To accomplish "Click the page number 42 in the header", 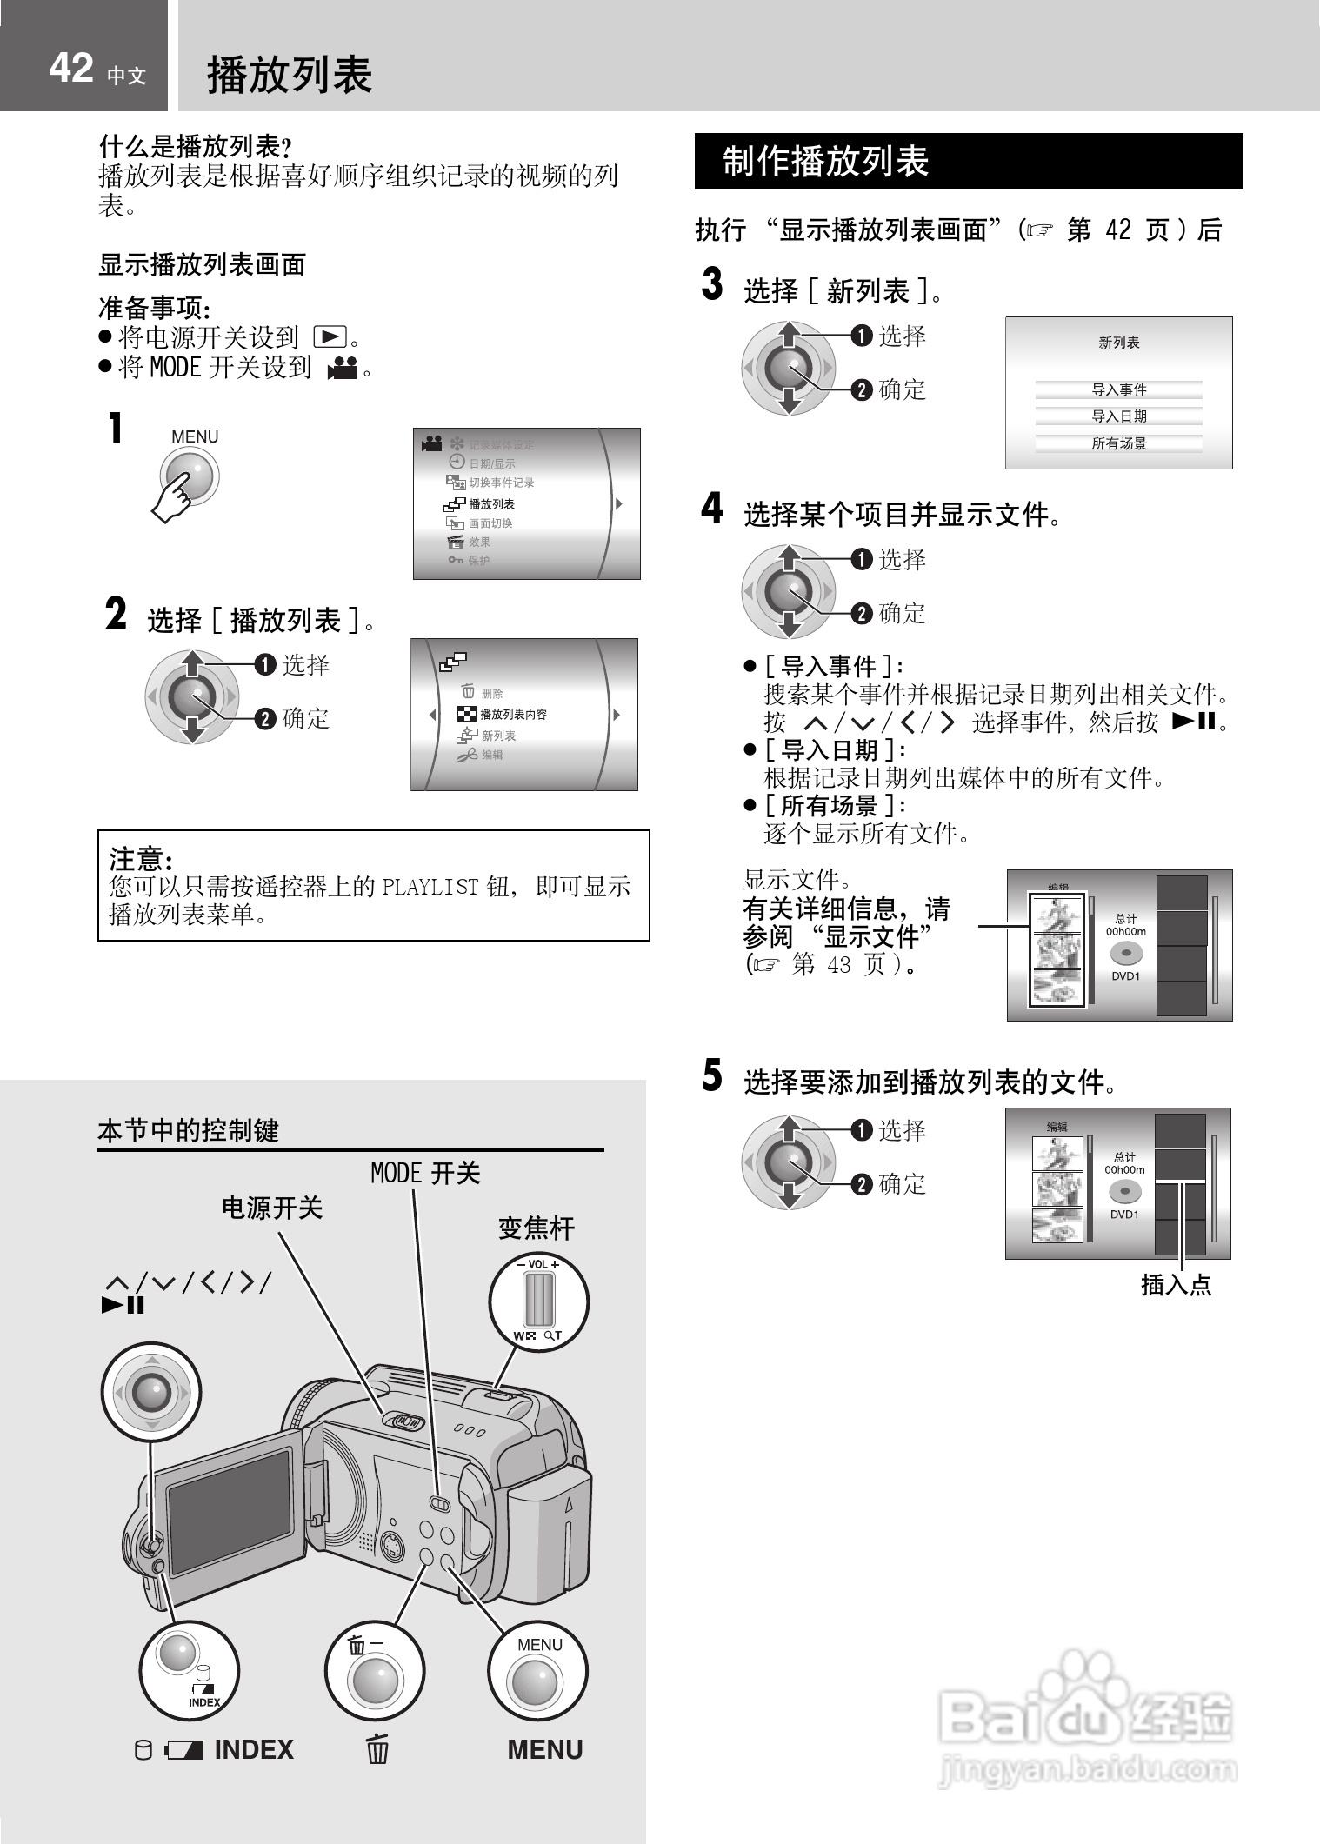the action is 70,68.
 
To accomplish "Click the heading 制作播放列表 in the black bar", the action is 825,162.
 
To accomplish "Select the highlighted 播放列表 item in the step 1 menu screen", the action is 491,504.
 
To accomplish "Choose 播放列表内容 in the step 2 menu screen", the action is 513,715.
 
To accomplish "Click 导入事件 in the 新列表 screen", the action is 1119,389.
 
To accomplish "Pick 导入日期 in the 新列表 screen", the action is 1119,416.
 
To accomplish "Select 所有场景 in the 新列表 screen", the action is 1119,443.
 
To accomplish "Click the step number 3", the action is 712,285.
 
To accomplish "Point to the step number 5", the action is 712,1076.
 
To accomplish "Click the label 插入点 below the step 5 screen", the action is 1176,1285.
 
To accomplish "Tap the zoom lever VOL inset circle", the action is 538,1301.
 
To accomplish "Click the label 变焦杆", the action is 537,1228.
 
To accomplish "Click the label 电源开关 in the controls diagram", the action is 272,1208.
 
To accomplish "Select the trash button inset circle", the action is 374,1671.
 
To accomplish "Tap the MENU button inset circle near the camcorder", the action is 537,1672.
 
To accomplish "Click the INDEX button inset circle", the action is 189,1671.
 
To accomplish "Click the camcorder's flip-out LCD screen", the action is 230,1512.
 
